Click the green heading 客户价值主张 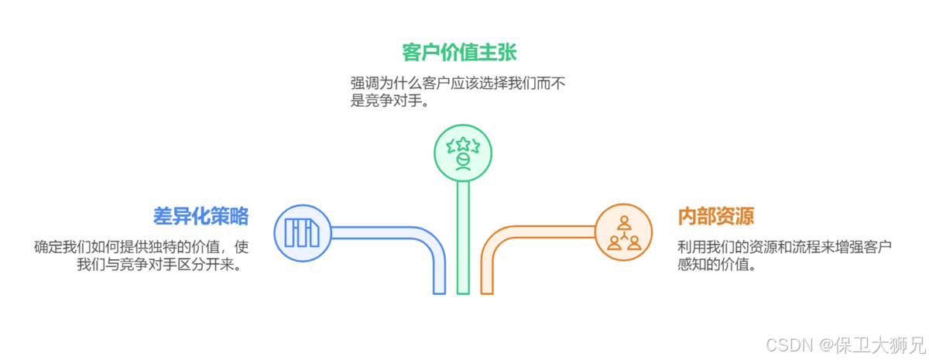point(459,53)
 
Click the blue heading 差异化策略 point(201,216)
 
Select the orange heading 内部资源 point(715,216)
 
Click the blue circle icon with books point(303,232)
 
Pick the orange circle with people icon point(624,232)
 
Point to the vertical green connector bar point(463,240)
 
